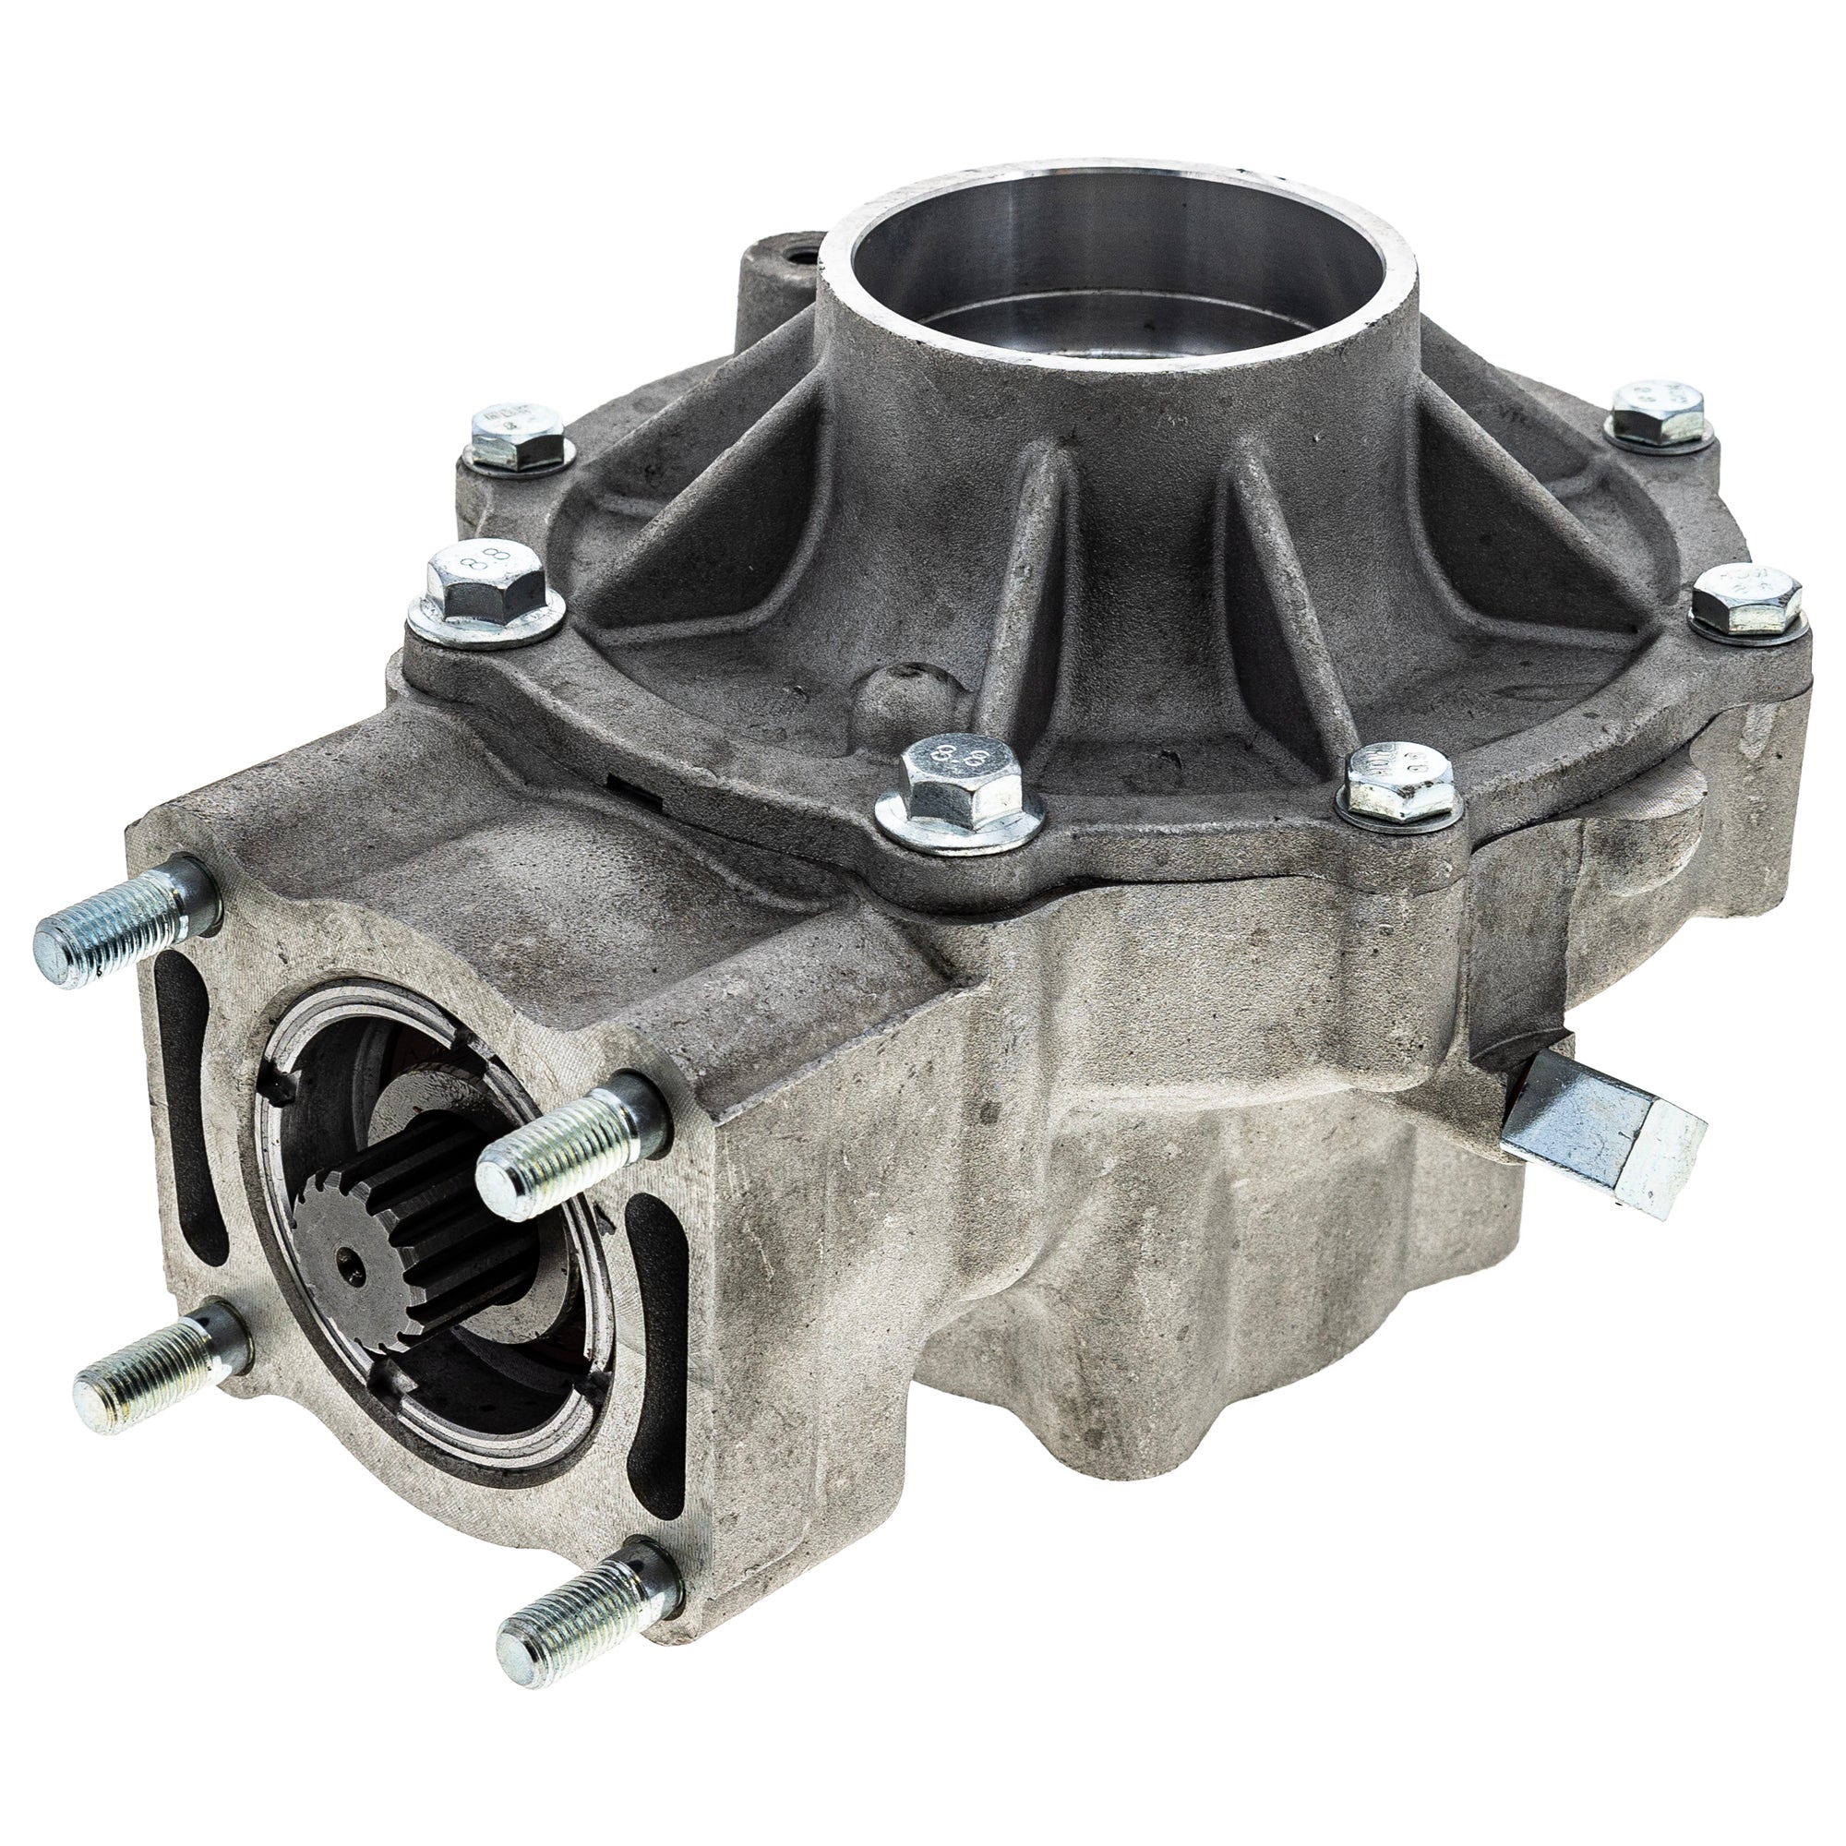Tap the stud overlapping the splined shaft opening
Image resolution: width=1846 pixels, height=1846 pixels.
(x=564, y=1142)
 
